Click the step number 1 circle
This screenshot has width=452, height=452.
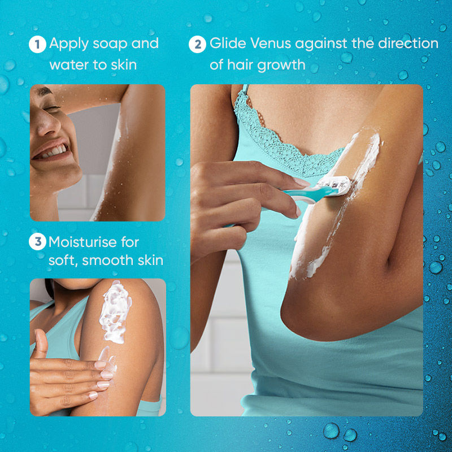click(x=37, y=44)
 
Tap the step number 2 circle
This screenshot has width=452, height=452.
click(x=197, y=44)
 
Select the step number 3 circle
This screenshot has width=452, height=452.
click(x=37, y=242)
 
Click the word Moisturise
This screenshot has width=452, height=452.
click(x=86, y=242)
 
